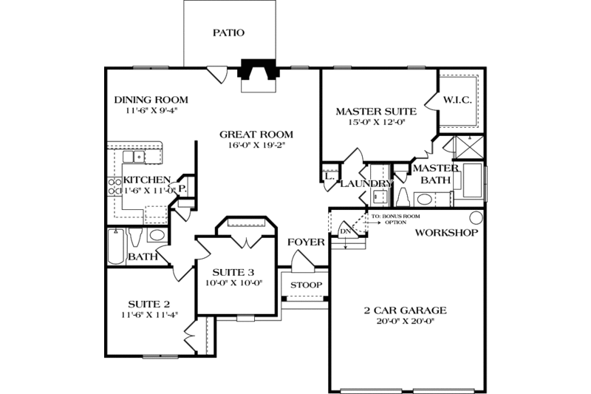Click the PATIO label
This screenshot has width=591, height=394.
coord(228,33)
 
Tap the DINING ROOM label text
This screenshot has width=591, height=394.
coord(151,100)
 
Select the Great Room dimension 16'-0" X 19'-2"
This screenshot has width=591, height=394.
coord(256,146)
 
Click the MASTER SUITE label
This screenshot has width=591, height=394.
coord(376,112)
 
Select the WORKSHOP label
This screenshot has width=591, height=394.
coord(445,232)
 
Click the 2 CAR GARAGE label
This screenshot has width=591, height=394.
coord(404,310)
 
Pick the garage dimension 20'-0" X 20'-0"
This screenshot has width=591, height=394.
coord(404,322)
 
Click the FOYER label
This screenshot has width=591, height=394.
coord(303,242)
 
